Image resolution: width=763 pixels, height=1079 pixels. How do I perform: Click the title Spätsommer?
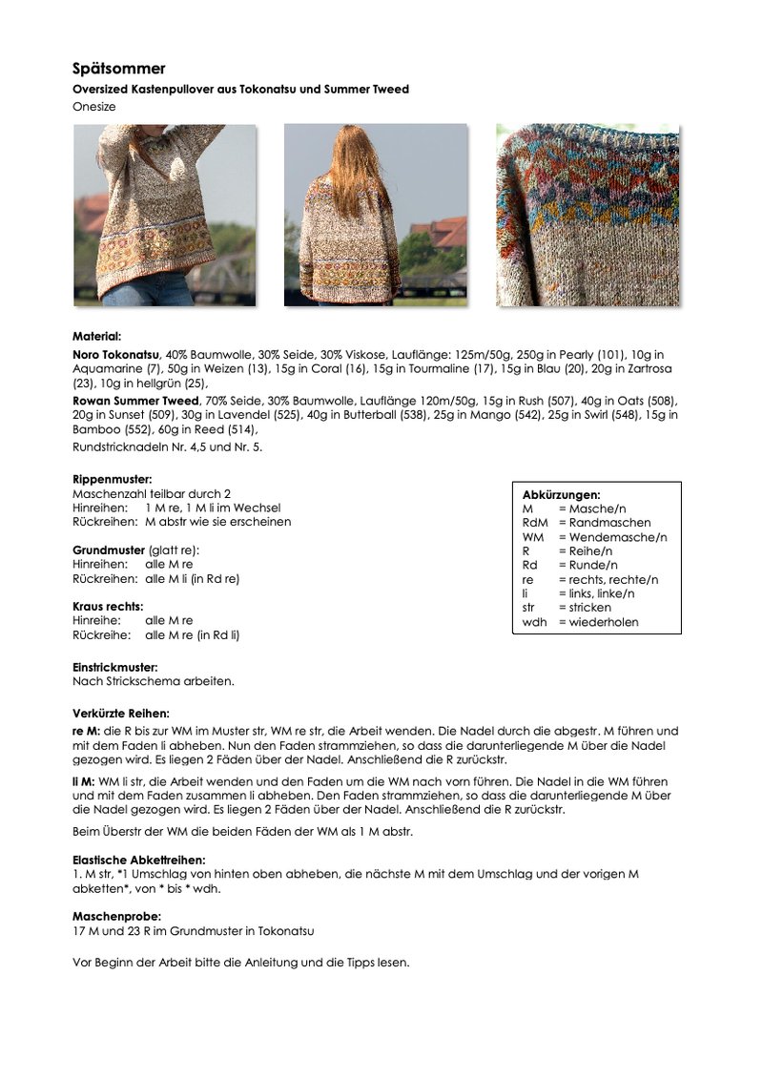(119, 69)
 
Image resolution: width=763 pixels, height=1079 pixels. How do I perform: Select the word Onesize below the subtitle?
(94, 107)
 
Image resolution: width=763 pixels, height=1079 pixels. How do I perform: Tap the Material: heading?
(96, 336)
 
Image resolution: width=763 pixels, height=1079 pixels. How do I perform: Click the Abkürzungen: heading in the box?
(561, 495)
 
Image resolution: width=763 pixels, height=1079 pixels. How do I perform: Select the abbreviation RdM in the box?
(534, 523)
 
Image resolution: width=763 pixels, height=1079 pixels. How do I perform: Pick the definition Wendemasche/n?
(618, 537)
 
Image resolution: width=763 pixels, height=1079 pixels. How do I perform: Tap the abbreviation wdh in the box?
(533, 622)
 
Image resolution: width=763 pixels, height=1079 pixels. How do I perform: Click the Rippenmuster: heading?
(113, 479)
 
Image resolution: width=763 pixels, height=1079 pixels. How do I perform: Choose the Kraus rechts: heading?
(108, 606)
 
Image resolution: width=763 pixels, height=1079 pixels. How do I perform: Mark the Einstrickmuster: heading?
(114, 667)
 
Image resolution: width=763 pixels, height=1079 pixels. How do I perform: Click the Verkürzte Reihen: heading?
(121, 713)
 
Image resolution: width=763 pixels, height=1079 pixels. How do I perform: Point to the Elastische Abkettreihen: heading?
(138, 860)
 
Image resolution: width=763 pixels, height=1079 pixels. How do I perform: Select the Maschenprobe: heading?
(116, 916)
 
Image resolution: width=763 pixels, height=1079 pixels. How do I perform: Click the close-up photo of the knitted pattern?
(588, 215)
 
